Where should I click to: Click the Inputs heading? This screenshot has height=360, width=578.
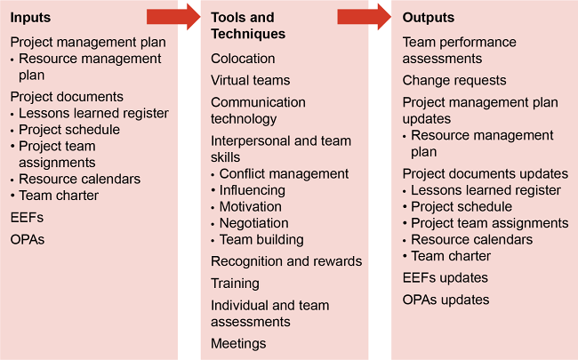click(x=31, y=18)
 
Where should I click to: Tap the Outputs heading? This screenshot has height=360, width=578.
click(x=429, y=18)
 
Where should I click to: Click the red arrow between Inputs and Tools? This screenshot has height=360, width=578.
click(x=173, y=15)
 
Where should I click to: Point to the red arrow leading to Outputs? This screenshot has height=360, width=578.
click(x=365, y=15)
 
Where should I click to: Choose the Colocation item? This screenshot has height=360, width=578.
click(x=243, y=59)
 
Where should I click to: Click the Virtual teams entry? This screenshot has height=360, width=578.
click(x=251, y=80)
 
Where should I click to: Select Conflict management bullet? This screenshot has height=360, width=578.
click(x=284, y=173)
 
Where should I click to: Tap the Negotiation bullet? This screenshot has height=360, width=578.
click(x=253, y=223)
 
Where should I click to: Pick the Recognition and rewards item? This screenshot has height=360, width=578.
click(x=286, y=261)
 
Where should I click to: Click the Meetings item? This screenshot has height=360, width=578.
click(x=238, y=343)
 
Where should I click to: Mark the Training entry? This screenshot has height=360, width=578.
click(x=235, y=284)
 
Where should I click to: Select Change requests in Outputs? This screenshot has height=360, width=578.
click(x=454, y=80)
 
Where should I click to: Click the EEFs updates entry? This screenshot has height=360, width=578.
click(x=446, y=278)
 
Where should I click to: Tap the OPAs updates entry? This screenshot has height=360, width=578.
click(x=446, y=300)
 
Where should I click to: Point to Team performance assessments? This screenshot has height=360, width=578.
click(x=460, y=50)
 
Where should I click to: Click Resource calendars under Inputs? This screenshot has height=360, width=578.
click(x=80, y=179)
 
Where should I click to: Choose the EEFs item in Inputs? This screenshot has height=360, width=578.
click(x=27, y=217)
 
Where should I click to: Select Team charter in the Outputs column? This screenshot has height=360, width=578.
click(x=450, y=256)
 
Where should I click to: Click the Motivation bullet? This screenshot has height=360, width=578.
click(x=250, y=206)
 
